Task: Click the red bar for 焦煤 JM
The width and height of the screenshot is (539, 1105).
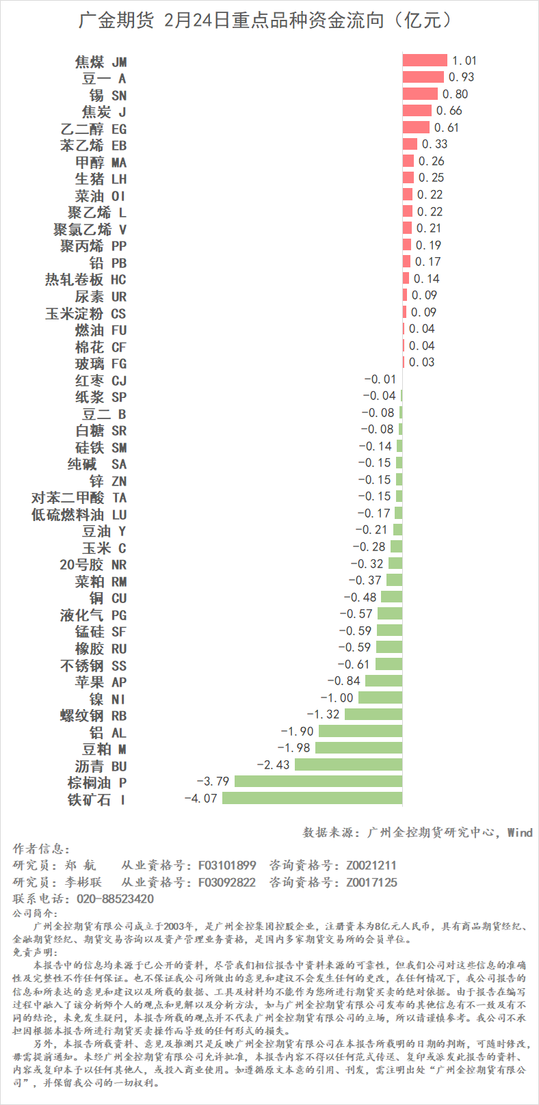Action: click(x=424, y=61)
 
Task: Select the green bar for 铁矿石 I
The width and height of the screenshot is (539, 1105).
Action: click(x=312, y=799)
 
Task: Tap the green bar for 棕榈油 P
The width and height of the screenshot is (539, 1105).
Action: click(x=318, y=782)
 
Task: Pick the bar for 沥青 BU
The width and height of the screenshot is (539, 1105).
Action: click(x=348, y=765)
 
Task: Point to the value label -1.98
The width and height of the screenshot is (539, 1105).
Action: click(x=294, y=748)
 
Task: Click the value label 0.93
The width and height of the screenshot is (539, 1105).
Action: click(x=461, y=77)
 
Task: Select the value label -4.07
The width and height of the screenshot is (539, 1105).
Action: click(x=200, y=799)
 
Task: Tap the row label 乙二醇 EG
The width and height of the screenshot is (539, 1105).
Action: click(x=94, y=129)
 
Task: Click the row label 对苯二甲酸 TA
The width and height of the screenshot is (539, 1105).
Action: click(x=79, y=498)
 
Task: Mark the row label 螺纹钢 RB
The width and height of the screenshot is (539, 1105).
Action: click(x=94, y=715)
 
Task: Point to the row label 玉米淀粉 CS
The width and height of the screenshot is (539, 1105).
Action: click(x=86, y=313)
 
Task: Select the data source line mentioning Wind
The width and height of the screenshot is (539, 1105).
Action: click(x=417, y=832)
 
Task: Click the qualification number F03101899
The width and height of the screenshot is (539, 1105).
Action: click(x=227, y=865)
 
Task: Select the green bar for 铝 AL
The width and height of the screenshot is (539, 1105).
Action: click(x=360, y=732)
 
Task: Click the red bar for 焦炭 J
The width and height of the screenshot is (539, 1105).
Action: click(x=417, y=111)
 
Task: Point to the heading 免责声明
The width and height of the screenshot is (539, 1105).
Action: click(x=35, y=952)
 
